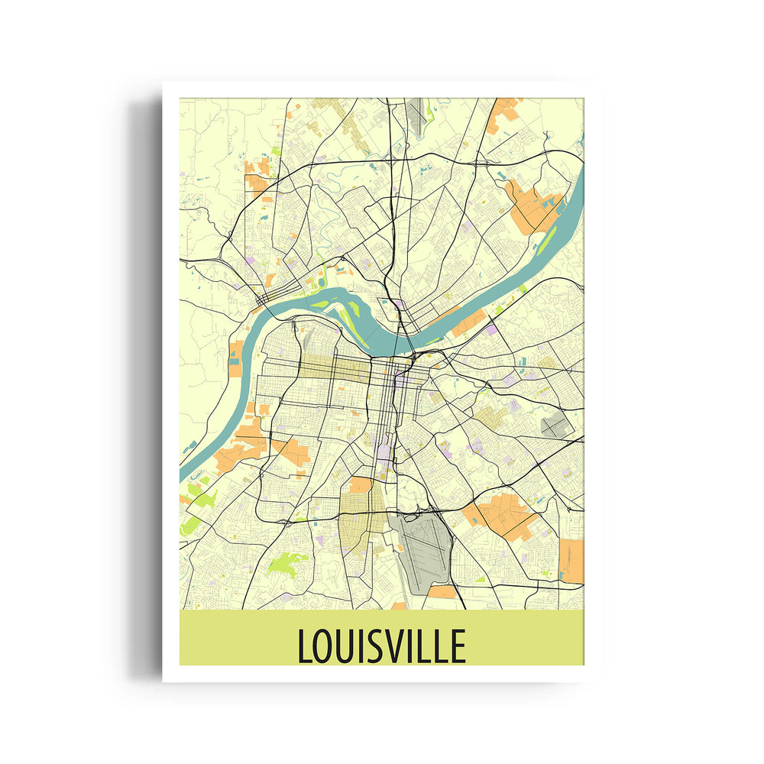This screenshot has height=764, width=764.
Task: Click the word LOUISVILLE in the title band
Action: [x=381, y=646]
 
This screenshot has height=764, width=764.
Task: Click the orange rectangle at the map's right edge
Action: [x=571, y=560]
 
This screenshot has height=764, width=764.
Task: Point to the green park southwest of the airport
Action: [x=286, y=564]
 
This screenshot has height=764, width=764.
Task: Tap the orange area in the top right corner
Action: [x=504, y=111]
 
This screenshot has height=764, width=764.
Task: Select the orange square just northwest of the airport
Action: [x=360, y=485]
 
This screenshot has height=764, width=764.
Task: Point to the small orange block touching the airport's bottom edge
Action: [x=441, y=592]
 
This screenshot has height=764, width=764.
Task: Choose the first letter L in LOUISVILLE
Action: [x=304, y=646]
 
